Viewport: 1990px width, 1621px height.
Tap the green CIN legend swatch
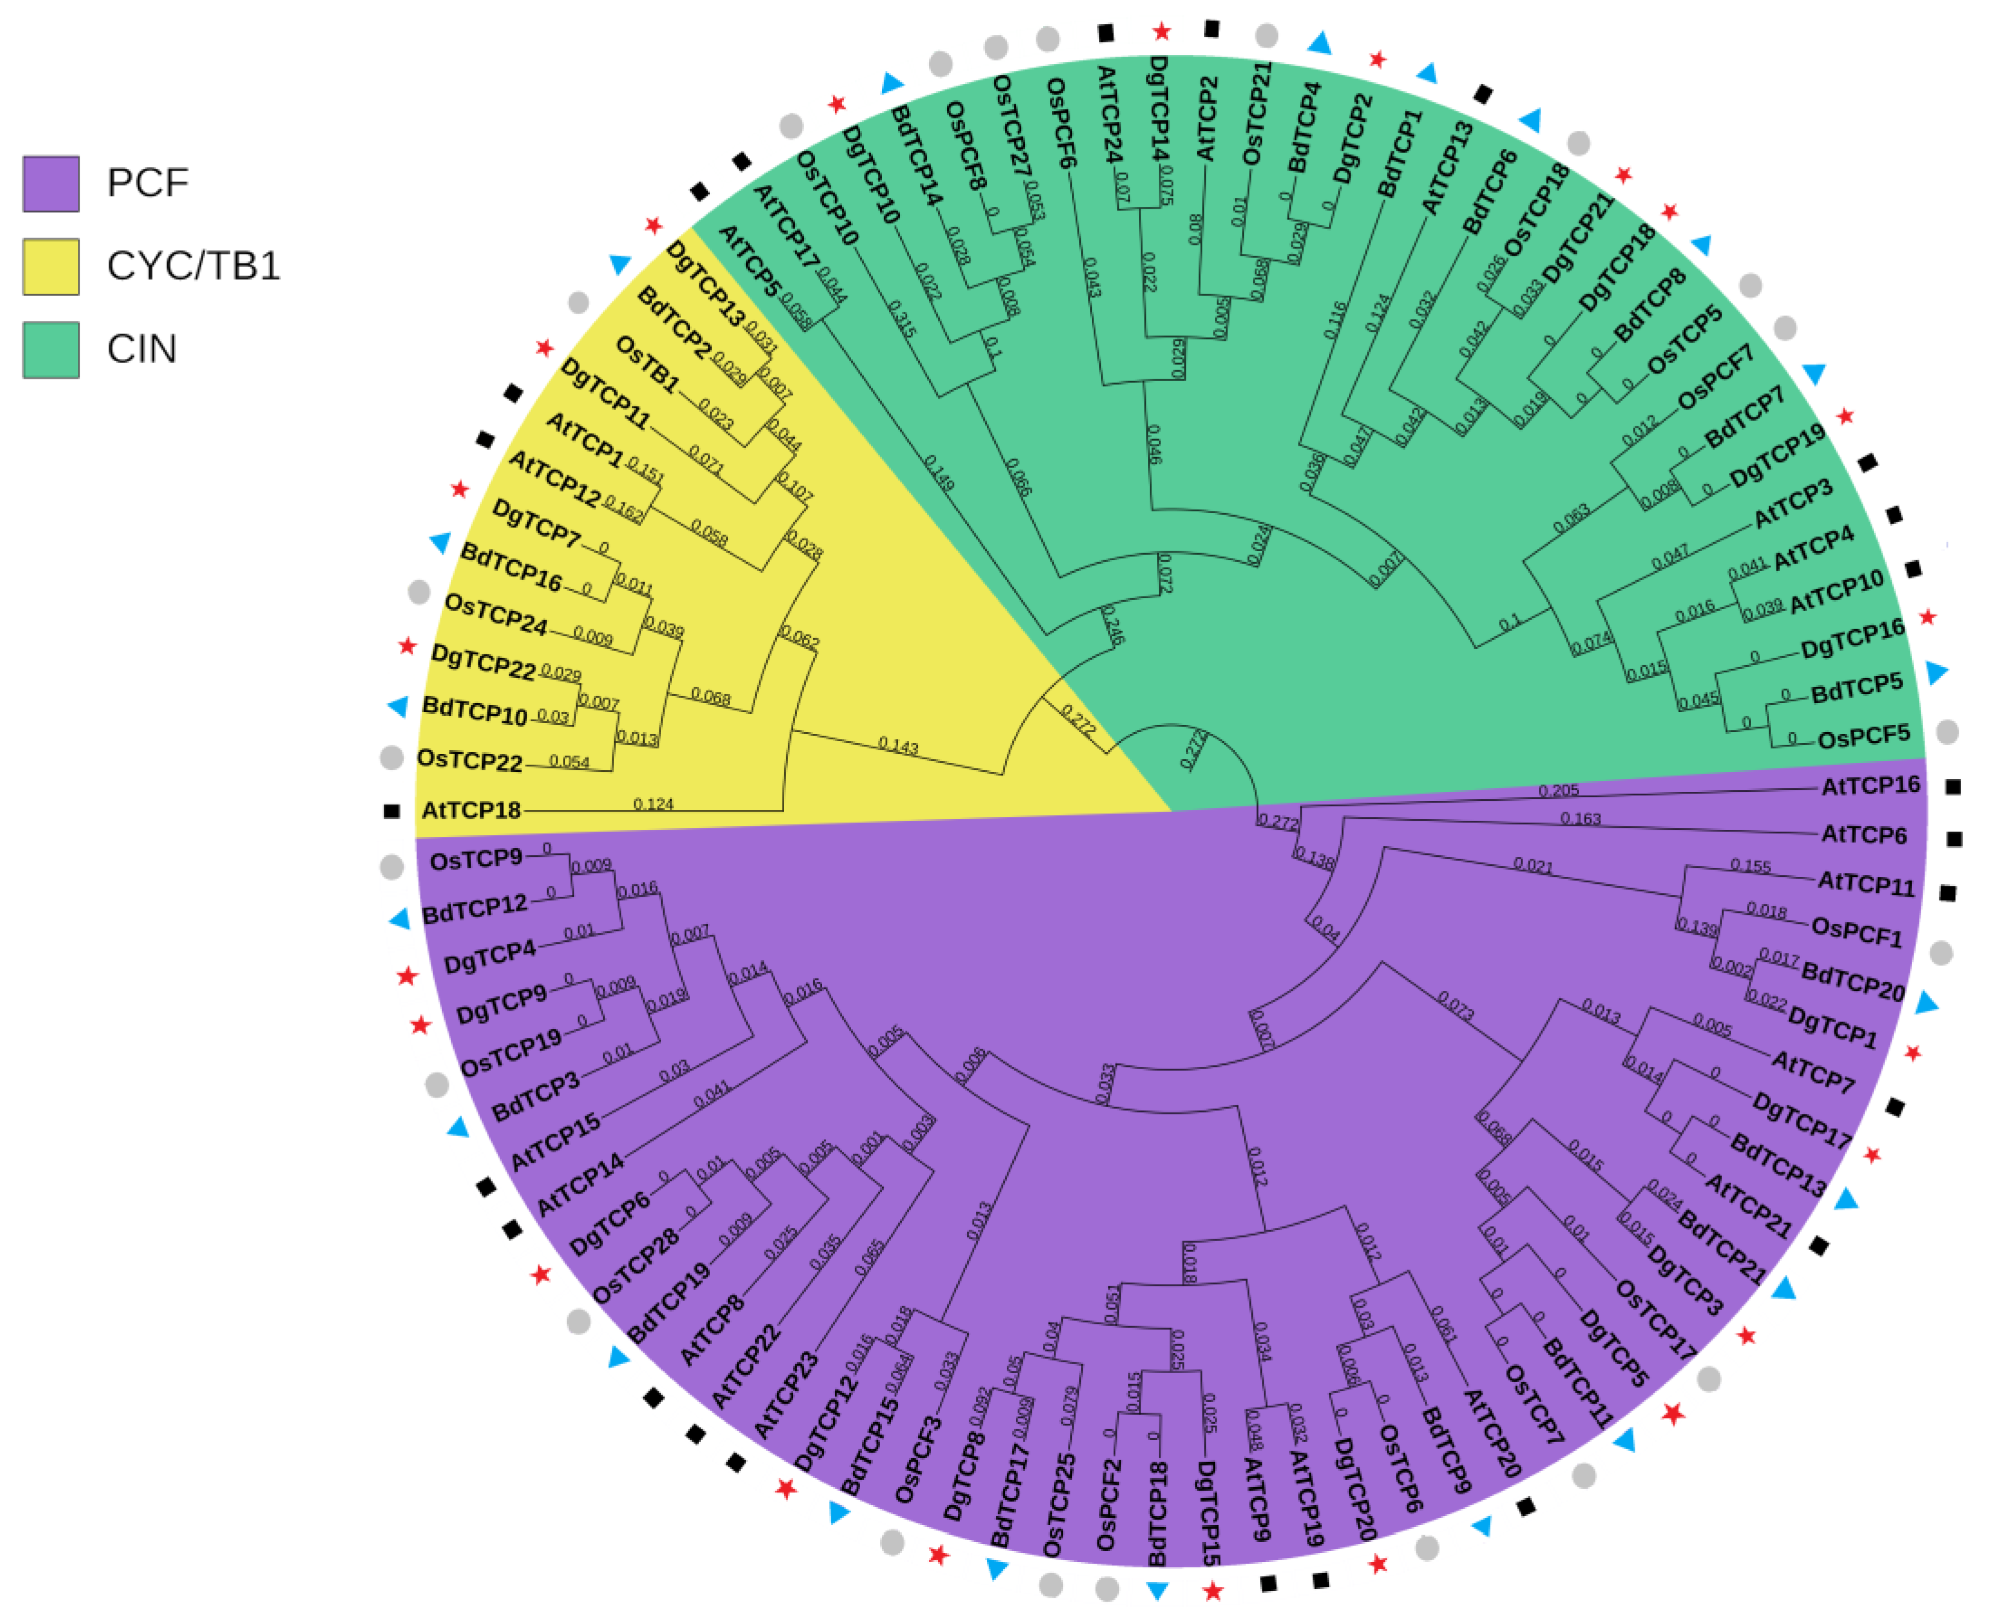point(51,349)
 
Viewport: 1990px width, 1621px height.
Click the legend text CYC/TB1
point(192,266)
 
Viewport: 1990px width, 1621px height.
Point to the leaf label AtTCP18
point(471,809)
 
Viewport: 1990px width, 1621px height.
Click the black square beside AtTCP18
point(391,812)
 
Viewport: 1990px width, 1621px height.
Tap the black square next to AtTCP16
point(1952,787)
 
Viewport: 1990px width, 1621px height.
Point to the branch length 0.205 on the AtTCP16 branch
point(1557,791)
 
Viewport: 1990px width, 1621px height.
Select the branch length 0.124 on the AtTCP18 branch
point(653,804)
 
